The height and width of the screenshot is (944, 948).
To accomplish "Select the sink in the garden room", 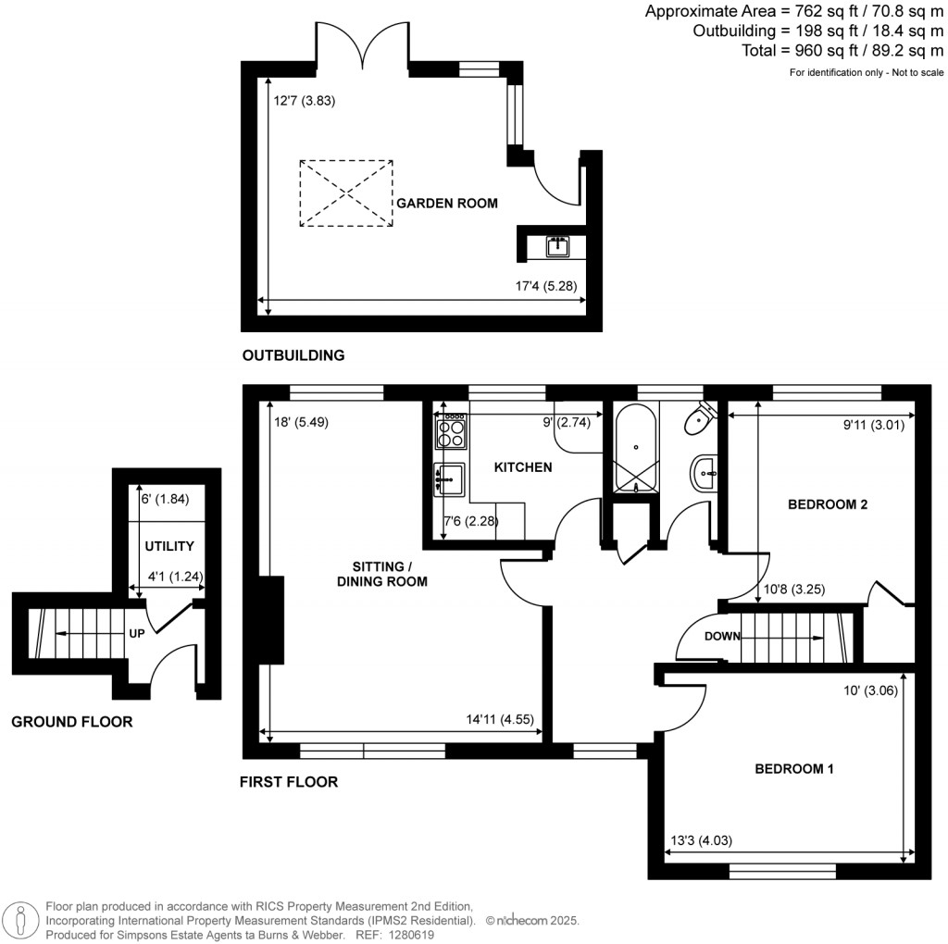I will (557, 246).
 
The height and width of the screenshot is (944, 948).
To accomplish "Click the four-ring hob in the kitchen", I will (451, 431).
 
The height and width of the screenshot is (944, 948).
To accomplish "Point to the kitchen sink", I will (449, 478).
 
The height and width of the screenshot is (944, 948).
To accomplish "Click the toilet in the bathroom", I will (697, 421).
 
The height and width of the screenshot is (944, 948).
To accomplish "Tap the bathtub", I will (636, 451).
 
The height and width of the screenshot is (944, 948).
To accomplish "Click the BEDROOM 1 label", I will (794, 769).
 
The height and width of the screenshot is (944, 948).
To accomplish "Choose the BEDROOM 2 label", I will (827, 505).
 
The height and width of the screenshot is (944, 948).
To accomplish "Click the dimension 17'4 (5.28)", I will (547, 286).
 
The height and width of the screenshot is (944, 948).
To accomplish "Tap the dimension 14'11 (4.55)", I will (501, 720).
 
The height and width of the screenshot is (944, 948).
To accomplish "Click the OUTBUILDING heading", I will (293, 355).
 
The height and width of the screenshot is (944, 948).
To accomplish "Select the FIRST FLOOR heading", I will (289, 782).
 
